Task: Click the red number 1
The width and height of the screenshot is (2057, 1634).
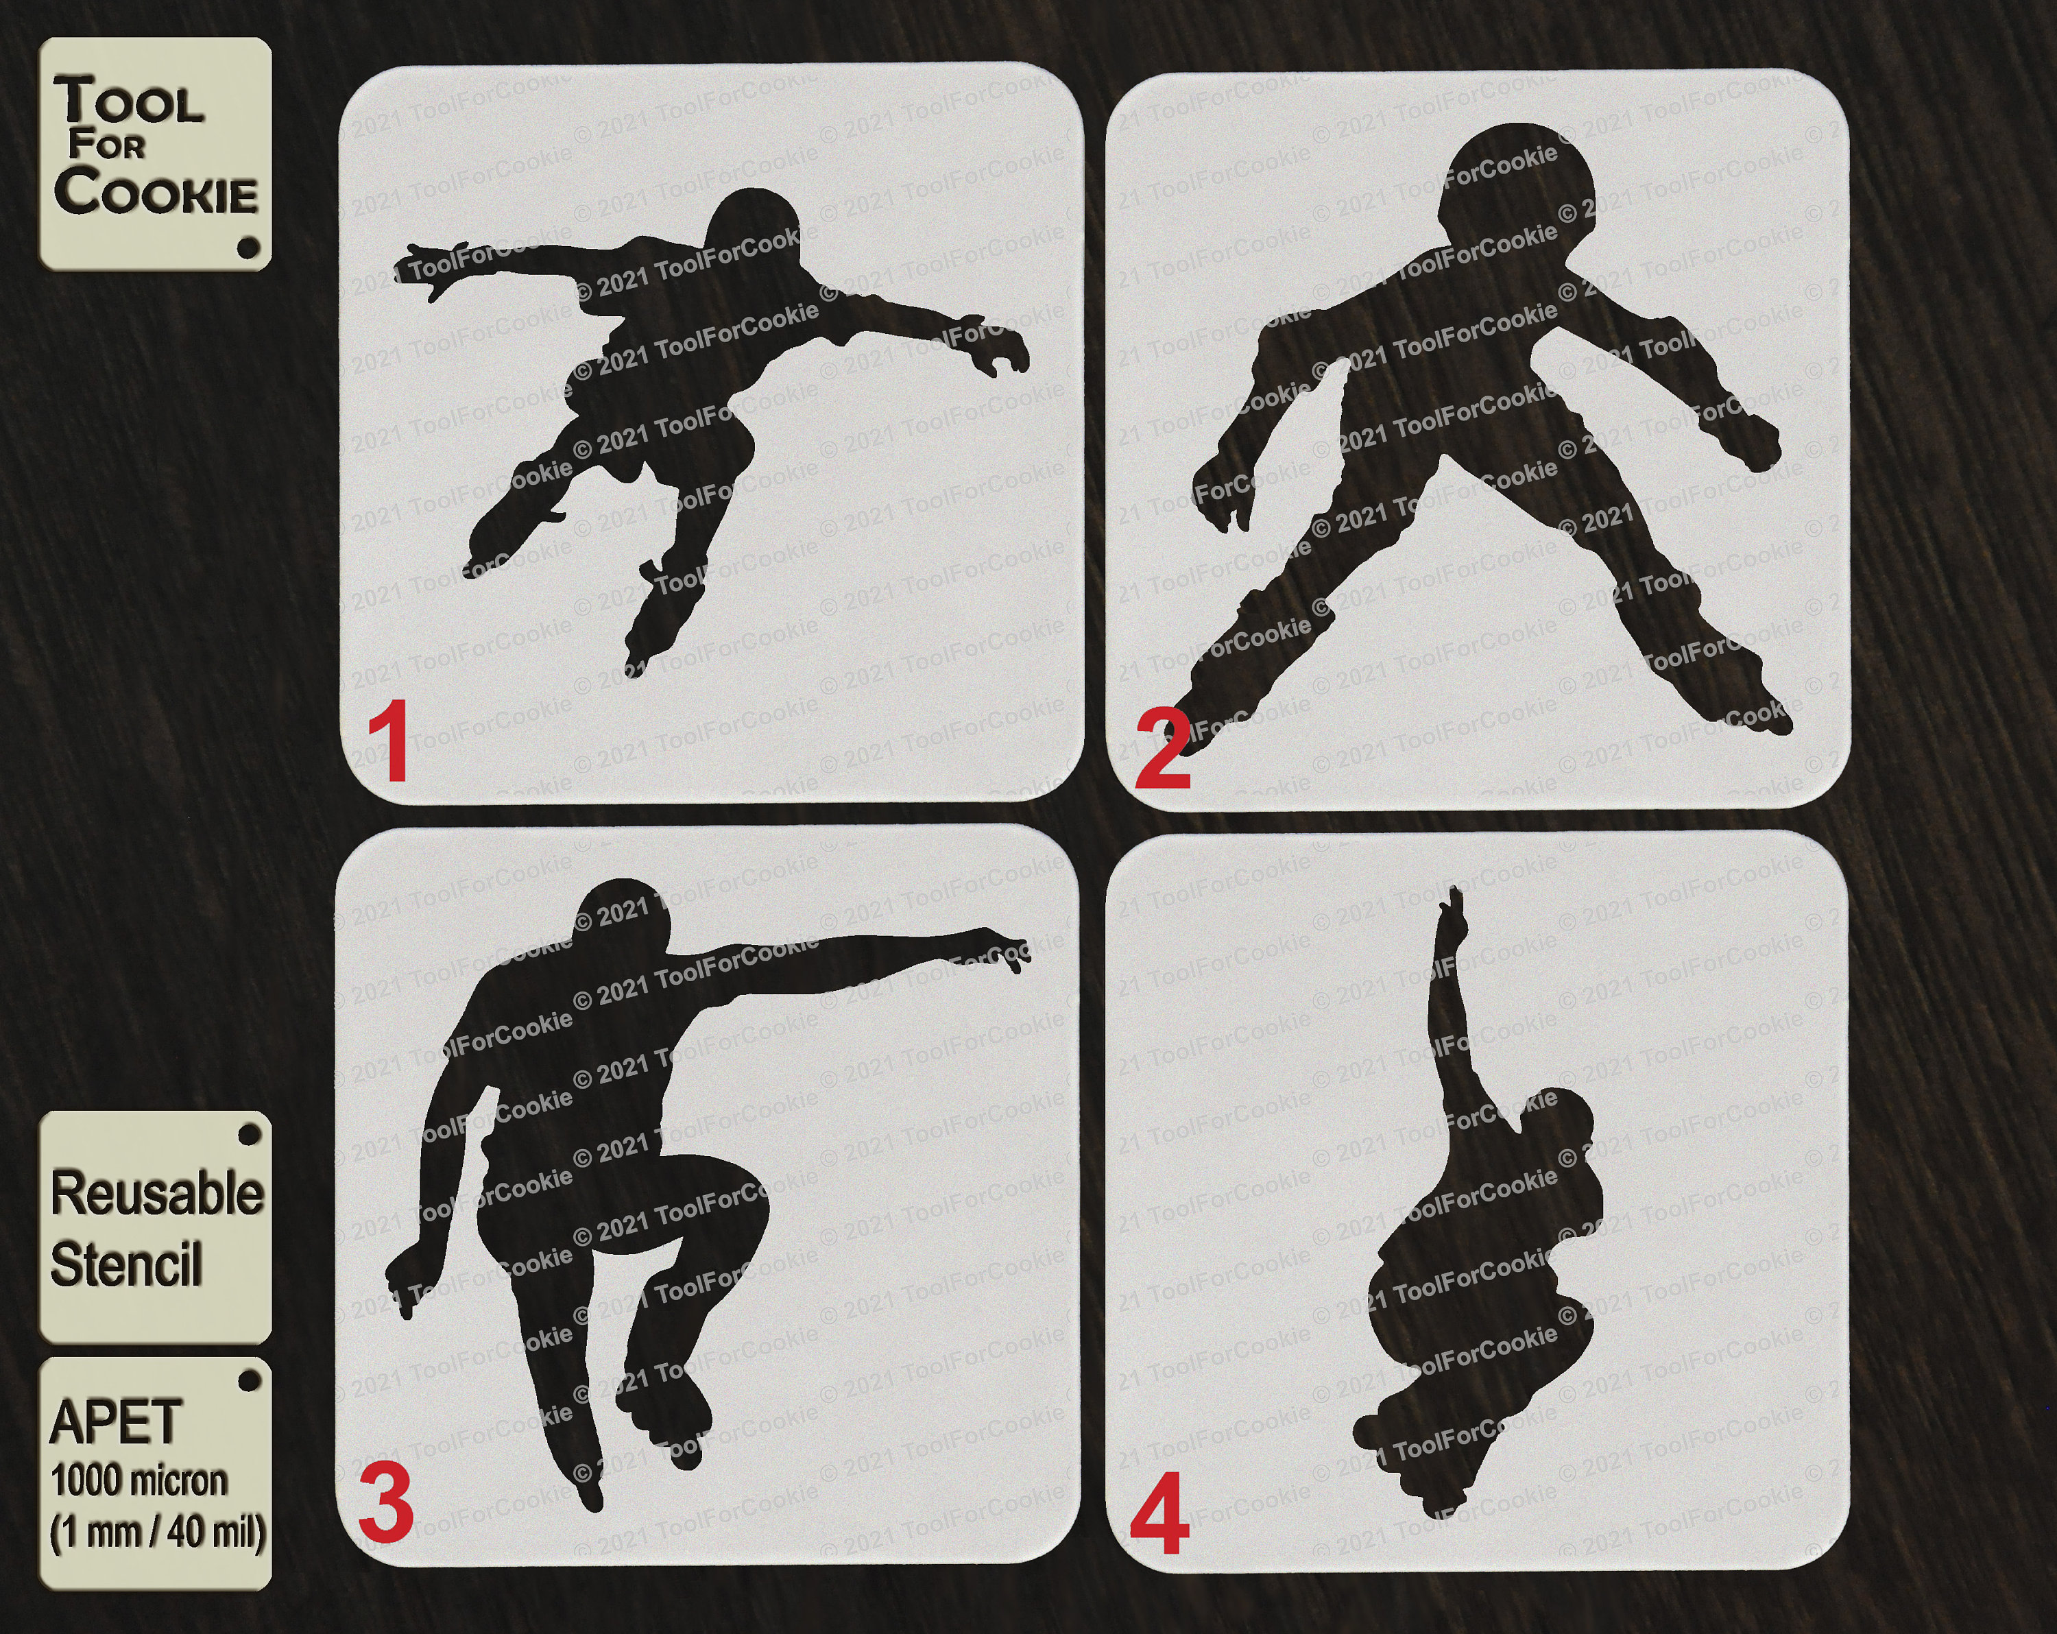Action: (x=390, y=741)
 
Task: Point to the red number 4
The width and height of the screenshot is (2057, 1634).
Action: (x=1159, y=1514)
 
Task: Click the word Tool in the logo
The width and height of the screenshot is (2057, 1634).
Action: (x=129, y=100)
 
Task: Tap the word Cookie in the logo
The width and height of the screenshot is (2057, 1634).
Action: (x=156, y=190)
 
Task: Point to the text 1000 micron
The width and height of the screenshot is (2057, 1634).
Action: (x=139, y=1480)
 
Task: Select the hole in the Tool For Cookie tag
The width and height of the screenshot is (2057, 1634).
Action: (x=248, y=247)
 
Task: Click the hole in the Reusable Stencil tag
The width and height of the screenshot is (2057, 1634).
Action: (x=249, y=1134)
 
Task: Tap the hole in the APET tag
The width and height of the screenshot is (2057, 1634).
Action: (x=249, y=1380)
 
